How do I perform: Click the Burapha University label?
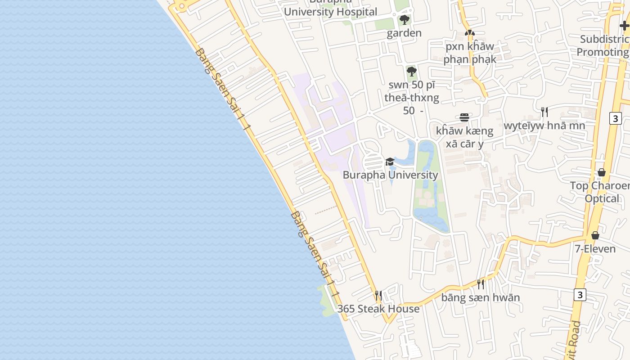tap(390, 175)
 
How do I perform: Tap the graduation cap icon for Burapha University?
tap(390, 162)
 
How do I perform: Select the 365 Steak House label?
tap(378, 309)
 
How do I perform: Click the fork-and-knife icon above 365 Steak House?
tap(378, 296)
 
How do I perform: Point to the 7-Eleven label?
tap(595, 249)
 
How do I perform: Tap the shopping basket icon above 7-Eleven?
tap(595, 235)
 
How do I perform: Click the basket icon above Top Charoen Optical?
tap(602, 172)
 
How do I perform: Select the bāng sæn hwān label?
tap(480, 297)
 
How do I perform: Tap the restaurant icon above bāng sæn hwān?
tap(481, 284)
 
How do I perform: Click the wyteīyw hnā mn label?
tap(544, 126)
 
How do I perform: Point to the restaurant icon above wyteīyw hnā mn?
tap(544, 112)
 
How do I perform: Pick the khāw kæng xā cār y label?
tap(464, 137)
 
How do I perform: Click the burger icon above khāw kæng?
tap(464, 117)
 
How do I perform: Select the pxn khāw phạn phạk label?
tap(470, 53)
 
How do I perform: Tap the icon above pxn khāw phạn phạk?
tap(470, 33)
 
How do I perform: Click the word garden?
tap(404, 33)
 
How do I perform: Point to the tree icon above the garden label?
tap(404, 20)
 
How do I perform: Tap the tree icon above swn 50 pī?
tap(411, 71)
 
